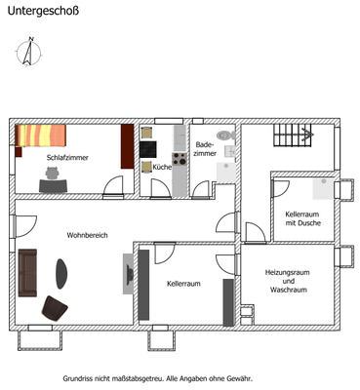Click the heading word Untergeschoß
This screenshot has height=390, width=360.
[45, 12]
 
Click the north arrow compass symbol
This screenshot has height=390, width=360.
[29, 51]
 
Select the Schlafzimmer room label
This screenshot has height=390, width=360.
[67, 156]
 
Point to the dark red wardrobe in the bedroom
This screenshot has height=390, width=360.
[126, 145]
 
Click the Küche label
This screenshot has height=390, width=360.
[162, 167]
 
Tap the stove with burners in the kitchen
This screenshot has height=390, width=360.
[179, 156]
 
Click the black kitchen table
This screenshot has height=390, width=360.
[148, 149]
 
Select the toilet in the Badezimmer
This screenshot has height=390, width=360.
[224, 136]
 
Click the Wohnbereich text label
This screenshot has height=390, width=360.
[87, 235]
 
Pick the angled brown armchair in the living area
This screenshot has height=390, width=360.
[55, 307]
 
